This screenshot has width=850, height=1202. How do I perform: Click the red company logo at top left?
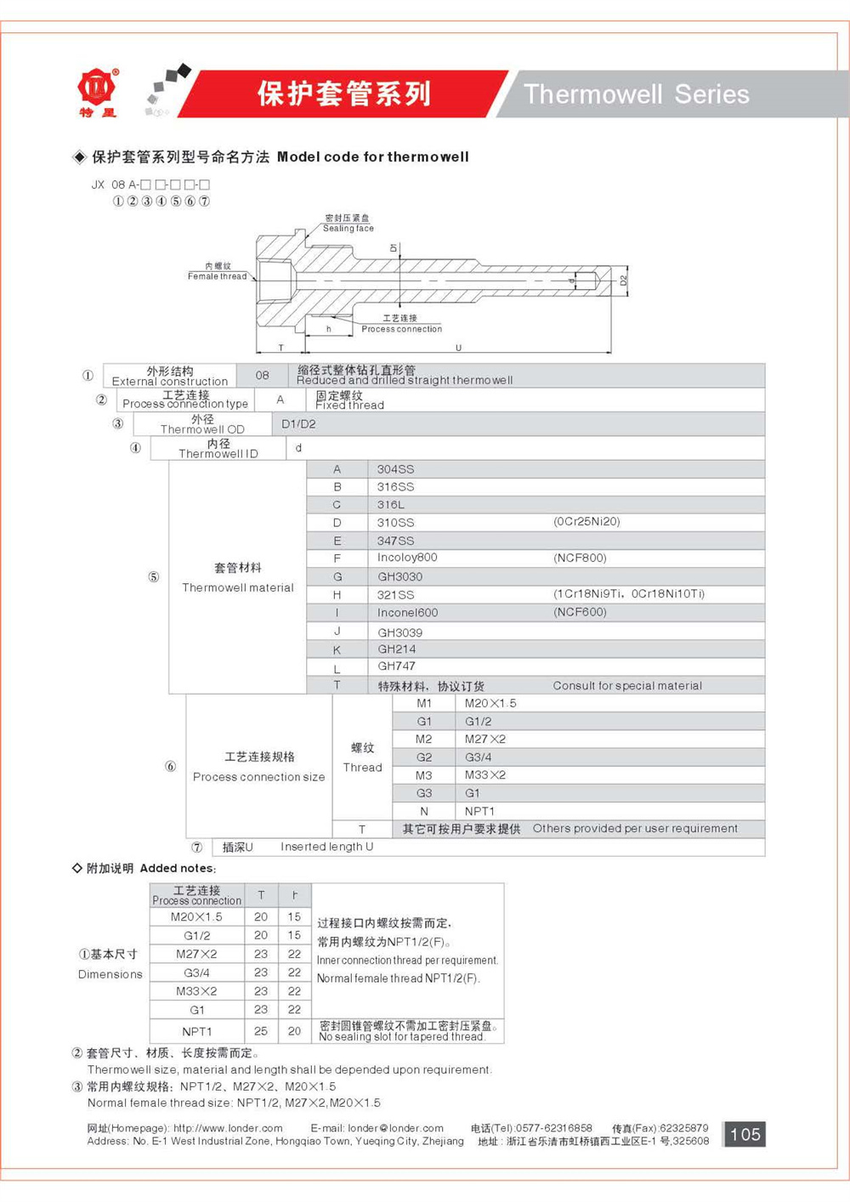click(97, 89)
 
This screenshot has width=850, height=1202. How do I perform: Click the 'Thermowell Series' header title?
click(636, 94)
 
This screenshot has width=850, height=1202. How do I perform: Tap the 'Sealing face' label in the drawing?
click(348, 228)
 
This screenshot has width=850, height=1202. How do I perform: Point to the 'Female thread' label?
click(217, 276)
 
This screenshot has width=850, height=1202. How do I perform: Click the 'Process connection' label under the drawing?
click(401, 329)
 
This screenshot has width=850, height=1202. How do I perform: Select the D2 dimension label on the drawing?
click(623, 280)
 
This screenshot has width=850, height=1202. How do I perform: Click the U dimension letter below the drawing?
click(458, 348)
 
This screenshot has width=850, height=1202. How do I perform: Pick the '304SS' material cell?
click(395, 469)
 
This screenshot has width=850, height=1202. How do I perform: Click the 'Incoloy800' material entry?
click(407, 558)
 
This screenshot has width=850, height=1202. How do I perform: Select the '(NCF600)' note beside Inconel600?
click(580, 612)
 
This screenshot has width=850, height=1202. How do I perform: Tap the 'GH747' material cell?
click(396, 666)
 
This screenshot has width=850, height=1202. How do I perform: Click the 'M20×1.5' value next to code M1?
click(490, 703)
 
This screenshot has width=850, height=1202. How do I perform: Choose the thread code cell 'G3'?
click(423, 793)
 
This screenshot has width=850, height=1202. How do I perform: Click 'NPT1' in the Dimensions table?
click(197, 1031)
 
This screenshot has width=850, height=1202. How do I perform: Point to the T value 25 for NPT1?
click(261, 1031)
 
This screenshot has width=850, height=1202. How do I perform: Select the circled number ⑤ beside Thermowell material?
click(154, 577)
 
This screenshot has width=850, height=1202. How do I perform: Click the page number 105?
click(745, 1134)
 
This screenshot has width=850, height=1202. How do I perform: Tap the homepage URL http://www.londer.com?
click(228, 1128)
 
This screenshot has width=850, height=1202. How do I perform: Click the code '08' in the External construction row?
click(262, 375)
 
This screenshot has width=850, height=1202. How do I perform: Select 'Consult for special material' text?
click(627, 685)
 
